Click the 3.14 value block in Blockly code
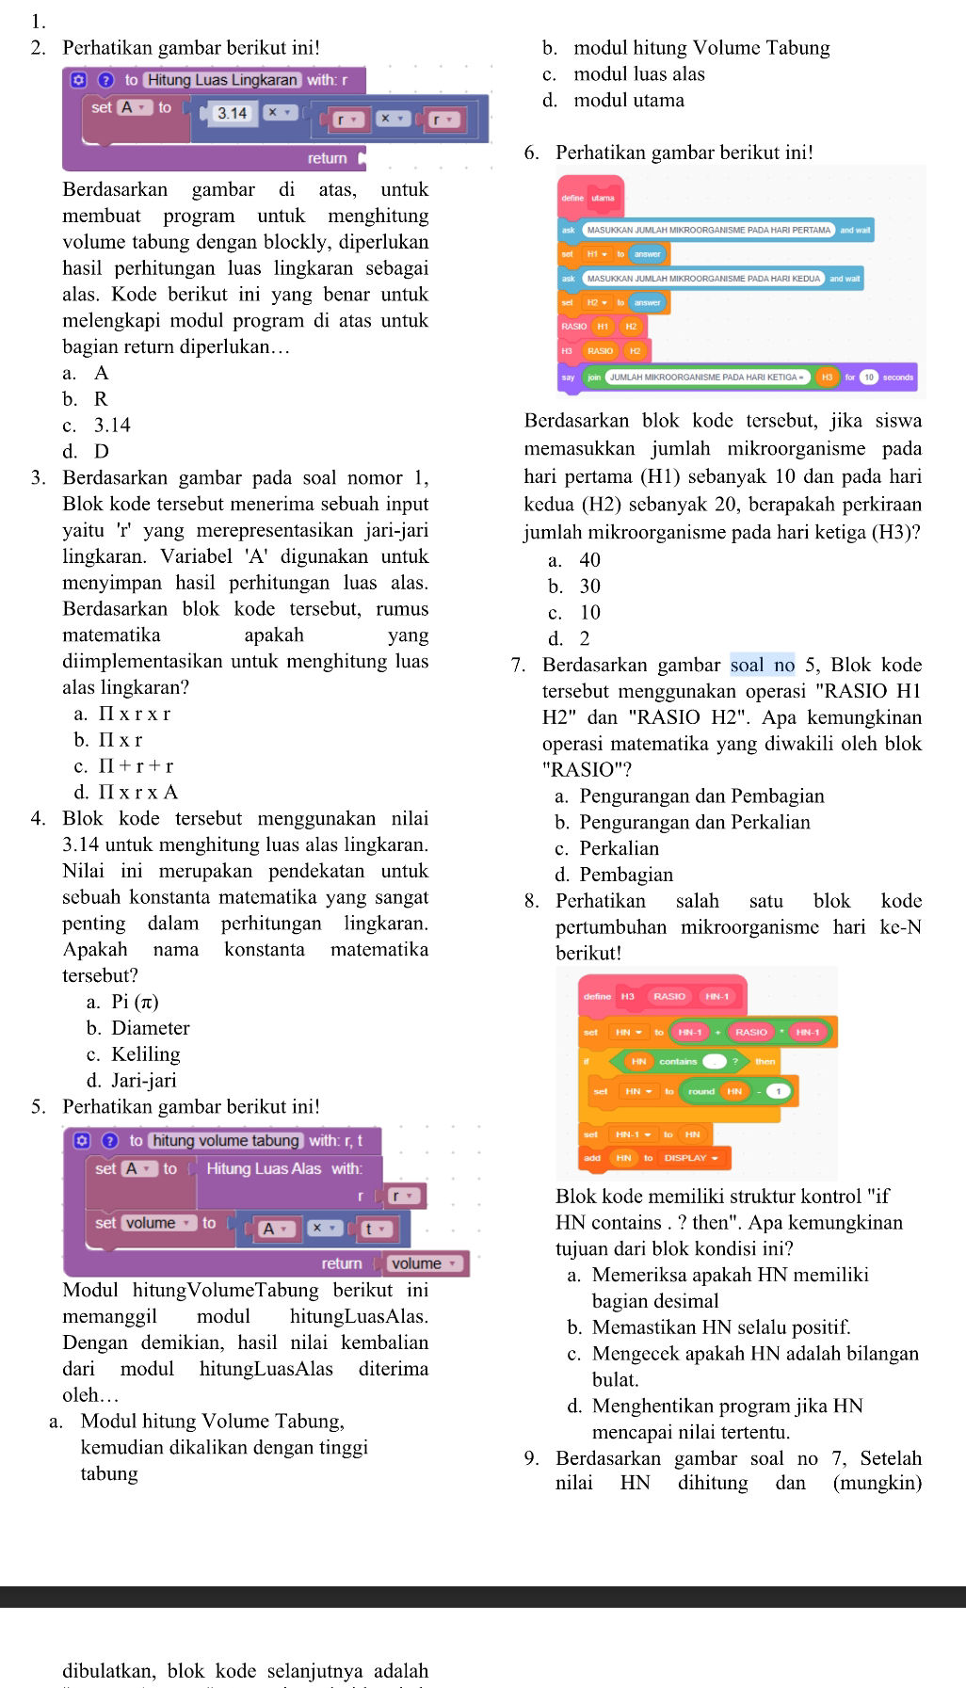[232, 113]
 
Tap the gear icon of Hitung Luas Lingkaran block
[80, 80]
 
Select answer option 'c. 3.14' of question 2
[96, 426]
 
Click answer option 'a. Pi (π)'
[122, 1002]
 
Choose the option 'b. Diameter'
[137, 1028]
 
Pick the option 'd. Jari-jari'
[131, 1081]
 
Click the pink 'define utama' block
[589, 198]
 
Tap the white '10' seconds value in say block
[869, 378]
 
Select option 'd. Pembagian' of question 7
[614, 875]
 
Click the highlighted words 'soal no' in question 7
[763, 666]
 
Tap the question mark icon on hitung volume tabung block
[109, 1141]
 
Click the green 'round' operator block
[701, 1091]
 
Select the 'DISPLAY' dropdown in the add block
[691, 1158]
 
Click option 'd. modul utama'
[613, 100]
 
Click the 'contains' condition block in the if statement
[678, 1061]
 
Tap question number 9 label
[532, 1458]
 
